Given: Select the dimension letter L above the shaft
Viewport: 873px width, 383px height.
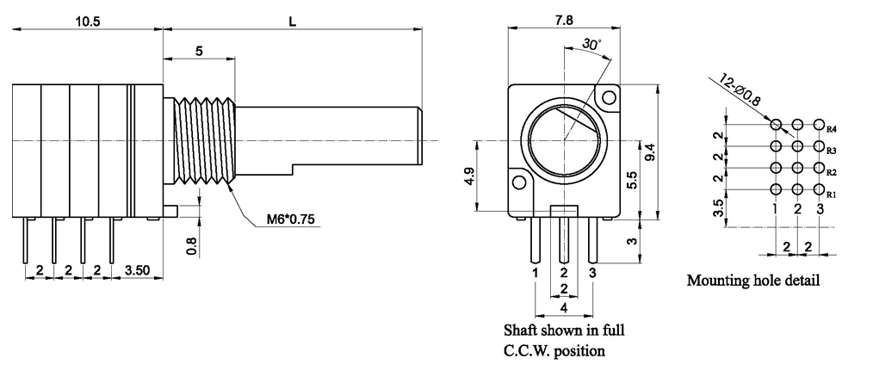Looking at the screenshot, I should pos(293,22).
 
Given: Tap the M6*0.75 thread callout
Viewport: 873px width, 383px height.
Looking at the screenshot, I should pos(290,219).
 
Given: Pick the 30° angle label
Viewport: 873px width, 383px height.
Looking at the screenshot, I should pos(591,44).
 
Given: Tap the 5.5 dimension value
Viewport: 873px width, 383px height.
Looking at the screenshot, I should pos(633,179).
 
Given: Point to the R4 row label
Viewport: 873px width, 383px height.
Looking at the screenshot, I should pos(832,129).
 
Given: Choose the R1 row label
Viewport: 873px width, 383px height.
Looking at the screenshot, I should pos(832,195).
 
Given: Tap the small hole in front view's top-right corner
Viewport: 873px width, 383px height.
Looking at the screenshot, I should pos(609,99).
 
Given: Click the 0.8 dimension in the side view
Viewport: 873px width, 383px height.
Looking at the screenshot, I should pos(192,245).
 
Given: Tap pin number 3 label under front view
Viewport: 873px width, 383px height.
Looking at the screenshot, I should pos(592,273).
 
